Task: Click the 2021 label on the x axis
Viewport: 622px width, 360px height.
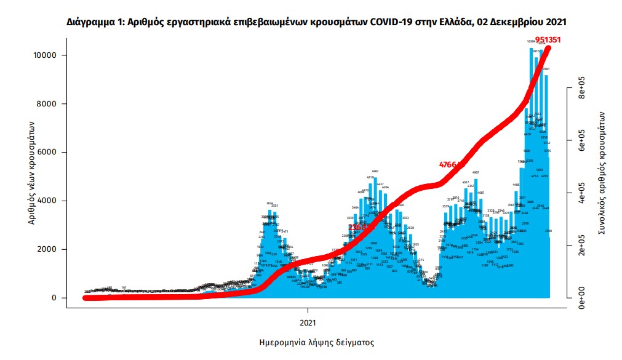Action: coord(308,322)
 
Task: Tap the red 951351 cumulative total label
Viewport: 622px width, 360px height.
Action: coord(548,40)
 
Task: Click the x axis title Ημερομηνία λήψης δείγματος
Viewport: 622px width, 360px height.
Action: coord(308,342)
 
